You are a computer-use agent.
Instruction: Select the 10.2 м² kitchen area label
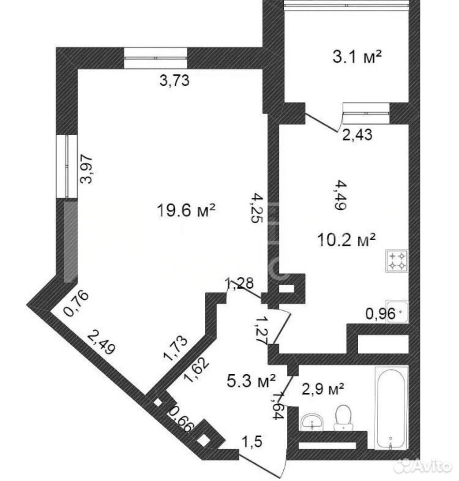click(346, 240)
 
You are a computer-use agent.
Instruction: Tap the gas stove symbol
click(397, 261)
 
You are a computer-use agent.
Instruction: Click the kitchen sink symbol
click(397, 312)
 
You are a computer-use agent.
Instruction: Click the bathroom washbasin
click(312, 422)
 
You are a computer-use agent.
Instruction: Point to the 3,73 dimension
click(174, 81)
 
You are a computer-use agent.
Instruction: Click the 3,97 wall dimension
click(86, 169)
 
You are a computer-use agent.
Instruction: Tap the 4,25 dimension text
click(257, 209)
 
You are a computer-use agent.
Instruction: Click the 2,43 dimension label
click(357, 135)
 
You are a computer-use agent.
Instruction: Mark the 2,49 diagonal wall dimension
click(101, 343)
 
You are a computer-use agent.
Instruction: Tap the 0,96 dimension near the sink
click(380, 314)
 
